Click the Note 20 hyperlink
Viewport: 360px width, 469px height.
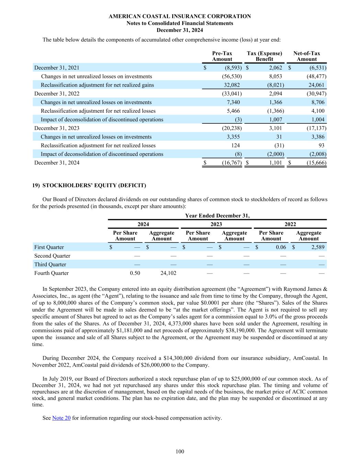click(61, 418)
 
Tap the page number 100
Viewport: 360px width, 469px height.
click(180, 451)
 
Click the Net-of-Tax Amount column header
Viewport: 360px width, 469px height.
click(306, 56)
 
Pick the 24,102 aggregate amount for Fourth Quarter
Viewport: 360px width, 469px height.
click(168, 273)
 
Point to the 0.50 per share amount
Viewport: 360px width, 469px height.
click(135, 273)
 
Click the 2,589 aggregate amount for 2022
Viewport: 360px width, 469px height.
click(318, 247)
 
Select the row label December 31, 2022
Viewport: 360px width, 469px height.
click(57, 93)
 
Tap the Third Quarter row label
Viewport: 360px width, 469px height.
click(50, 265)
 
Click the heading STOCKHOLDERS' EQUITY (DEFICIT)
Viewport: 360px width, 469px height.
click(94, 186)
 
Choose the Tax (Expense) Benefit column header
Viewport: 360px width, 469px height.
click(265, 56)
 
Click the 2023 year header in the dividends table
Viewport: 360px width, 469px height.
click(216, 224)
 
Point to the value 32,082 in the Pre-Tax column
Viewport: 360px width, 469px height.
click(232, 85)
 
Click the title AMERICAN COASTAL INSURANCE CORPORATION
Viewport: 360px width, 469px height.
click(180, 16)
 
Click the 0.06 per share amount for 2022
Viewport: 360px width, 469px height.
click(281, 247)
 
